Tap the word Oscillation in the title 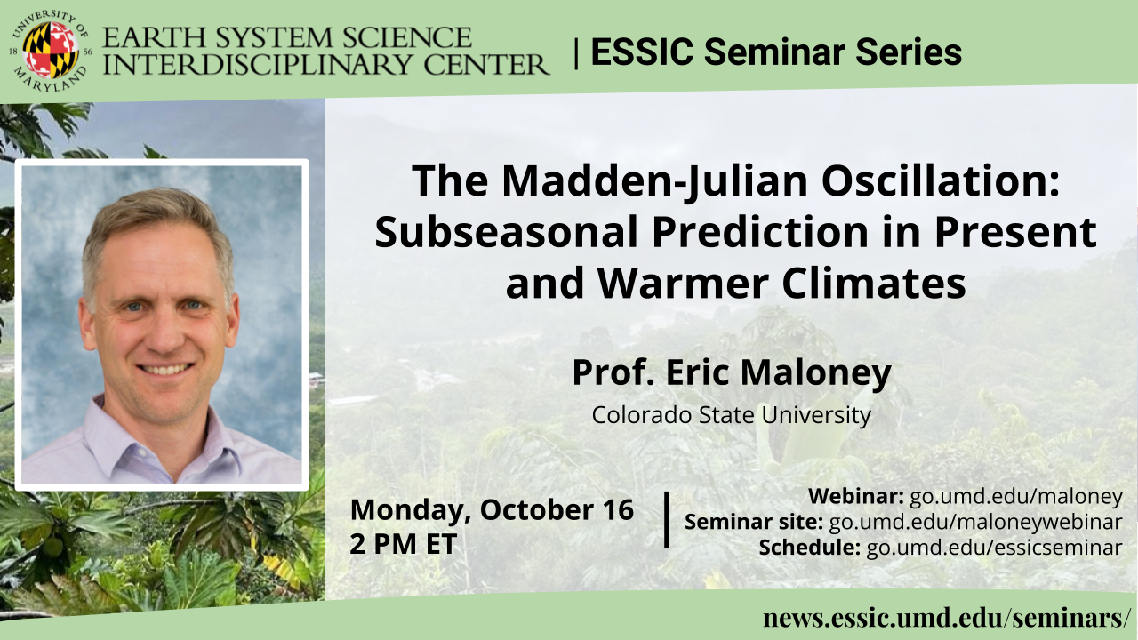click(x=941, y=181)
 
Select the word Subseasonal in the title click(x=506, y=232)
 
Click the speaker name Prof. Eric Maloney click(x=732, y=372)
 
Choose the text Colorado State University click(x=732, y=415)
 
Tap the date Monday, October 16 click(x=492, y=509)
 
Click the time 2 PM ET click(x=404, y=544)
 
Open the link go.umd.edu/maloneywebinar click(x=975, y=522)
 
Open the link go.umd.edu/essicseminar click(x=994, y=548)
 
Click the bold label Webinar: click(x=856, y=496)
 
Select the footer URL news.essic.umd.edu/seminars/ click(x=947, y=618)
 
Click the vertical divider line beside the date click(x=666, y=520)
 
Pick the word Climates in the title click(x=874, y=283)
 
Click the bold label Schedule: click(x=809, y=548)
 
